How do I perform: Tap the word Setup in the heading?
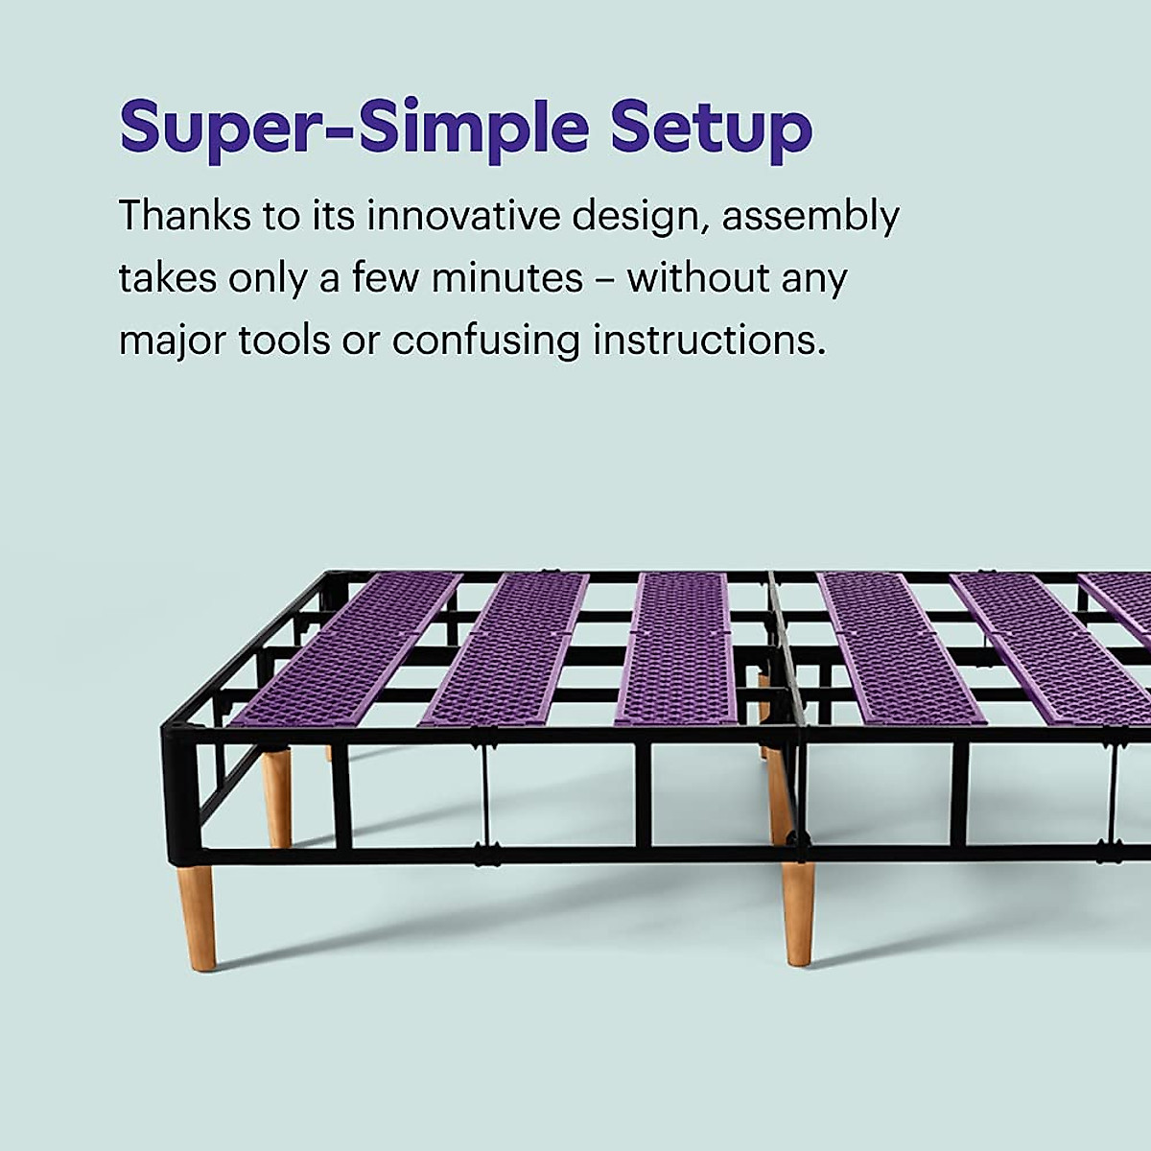712,129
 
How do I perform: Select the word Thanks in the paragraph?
185,215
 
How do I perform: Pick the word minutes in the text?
507,278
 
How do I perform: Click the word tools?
284,341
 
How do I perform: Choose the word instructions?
710,341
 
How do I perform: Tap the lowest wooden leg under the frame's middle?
798,915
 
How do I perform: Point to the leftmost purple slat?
346,650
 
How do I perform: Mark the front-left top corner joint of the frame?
175,734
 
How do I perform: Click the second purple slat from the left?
505,650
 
